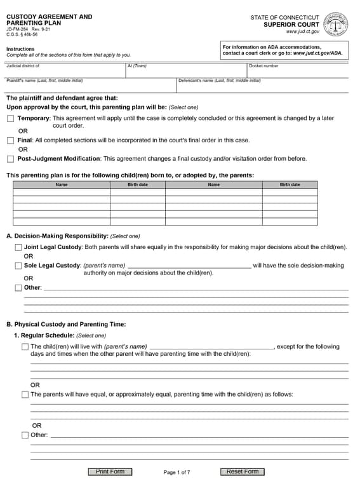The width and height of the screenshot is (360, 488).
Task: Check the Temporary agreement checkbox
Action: [10, 119]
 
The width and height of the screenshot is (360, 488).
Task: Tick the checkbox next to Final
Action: [10, 140]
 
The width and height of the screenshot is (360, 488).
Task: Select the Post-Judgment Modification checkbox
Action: [10, 159]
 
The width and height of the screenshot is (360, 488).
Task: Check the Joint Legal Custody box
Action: [18, 247]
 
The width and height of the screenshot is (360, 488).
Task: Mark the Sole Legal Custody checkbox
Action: [18, 266]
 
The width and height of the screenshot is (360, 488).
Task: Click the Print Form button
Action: [110, 471]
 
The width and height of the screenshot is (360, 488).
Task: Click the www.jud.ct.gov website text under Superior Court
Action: [302, 32]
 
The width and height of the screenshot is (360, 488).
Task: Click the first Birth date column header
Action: [137, 185]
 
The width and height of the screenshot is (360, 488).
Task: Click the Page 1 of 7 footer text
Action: [177, 472]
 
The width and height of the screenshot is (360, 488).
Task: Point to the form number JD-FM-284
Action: [18, 30]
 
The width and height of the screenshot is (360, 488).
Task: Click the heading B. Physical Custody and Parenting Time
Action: [66, 324]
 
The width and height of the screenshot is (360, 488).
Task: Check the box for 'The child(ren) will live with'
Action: [25, 347]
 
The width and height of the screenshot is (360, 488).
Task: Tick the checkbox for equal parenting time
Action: [25, 395]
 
